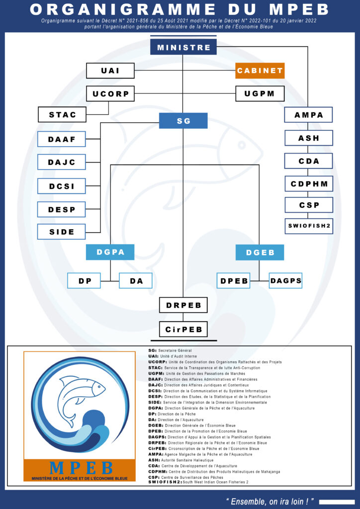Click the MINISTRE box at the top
[183, 47]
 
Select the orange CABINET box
[260, 71]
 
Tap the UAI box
[110, 71]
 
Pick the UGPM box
[260, 93]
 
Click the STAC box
[63, 114]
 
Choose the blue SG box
[183, 120]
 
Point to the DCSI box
[62, 186]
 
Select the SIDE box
[62, 232]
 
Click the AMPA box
[308, 115]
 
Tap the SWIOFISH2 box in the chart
[308, 226]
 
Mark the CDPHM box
[308, 183]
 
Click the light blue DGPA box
[110, 253]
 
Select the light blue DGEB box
[260, 253]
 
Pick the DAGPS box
[285, 281]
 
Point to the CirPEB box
[183, 329]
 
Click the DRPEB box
[183, 305]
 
